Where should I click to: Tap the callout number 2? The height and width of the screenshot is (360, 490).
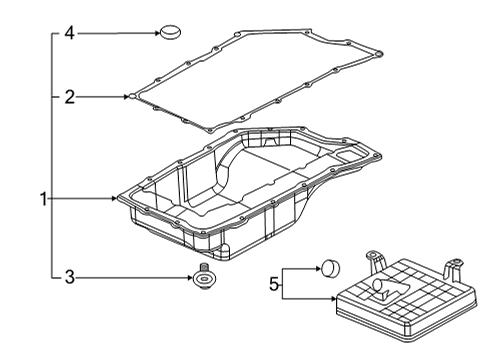click(69, 97)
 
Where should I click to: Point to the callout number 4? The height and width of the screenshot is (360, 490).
click(69, 33)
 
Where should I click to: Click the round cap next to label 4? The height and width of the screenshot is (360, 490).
click(172, 32)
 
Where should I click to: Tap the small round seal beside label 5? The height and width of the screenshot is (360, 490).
click(332, 267)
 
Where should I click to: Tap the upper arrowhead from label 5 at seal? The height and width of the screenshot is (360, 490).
click(316, 267)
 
